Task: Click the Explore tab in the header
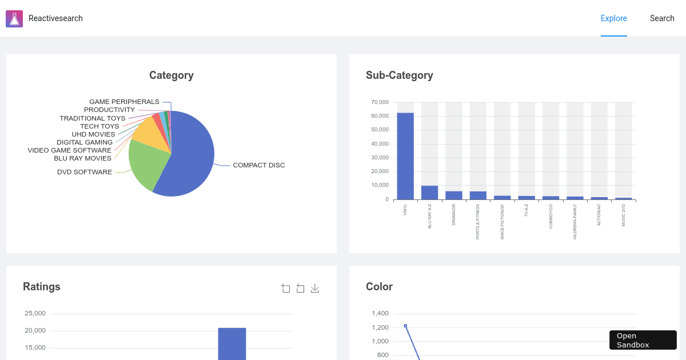[x=613, y=18]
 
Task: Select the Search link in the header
[x=662, y=18]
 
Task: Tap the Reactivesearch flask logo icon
[x=14, y=19]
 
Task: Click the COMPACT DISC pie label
[x=258, y=165]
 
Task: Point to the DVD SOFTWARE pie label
[x=85, y=172]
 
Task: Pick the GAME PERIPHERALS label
[x=124, y=102]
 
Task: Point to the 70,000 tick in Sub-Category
[x=380, y=102]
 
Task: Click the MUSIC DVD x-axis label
[x=624, y=215]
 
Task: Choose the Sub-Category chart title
[x=399, y=75]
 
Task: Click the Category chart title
[x=171, y=75]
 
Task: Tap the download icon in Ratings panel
[x=315, y=289]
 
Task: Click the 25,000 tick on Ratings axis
[x=35, y=313]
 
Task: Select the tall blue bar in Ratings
[x=232, y=343]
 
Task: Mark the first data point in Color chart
[x=405, y=326]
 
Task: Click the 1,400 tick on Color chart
[x=380, y=313]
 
